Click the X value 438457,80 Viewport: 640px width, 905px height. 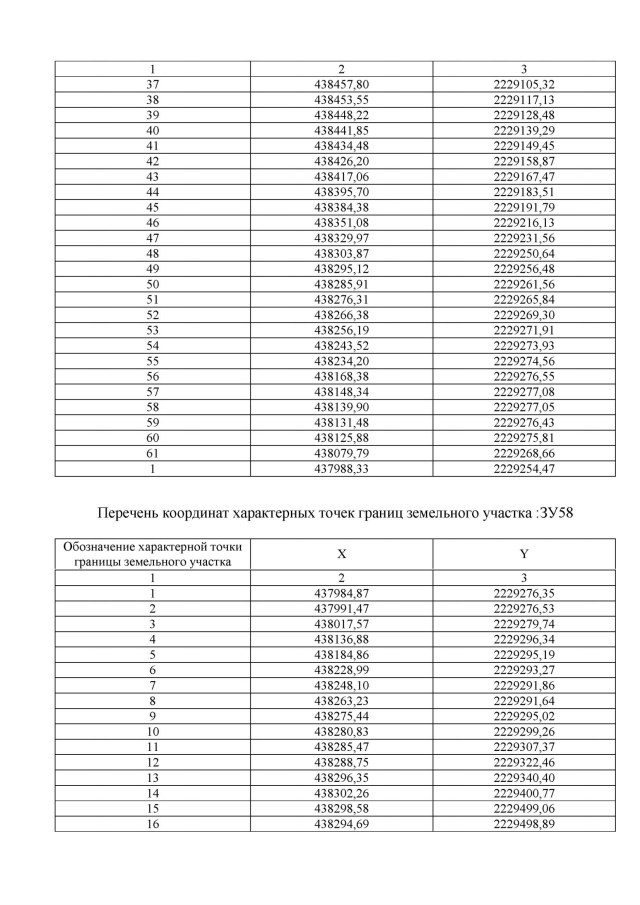click(x=341, y=84)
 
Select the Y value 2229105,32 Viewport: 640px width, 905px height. click(x=524, y=84)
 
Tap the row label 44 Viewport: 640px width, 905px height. click(x=153, y=191)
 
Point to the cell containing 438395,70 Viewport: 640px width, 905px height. click(x=341, y=191)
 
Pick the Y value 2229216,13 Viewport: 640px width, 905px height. click(x=524, y=222)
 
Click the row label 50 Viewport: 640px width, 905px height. click(x=153, y=283)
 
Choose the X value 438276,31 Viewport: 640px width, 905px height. click(x=341, y=298)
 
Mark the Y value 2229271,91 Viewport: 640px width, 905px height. click(x=524, y=329)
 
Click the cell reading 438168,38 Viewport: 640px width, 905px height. click(x=341, y=375)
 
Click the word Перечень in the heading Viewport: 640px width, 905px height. click(x=133, y=514)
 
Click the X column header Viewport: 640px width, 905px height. click(x=341, y=553)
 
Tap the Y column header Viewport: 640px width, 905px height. click(x=524, y=553)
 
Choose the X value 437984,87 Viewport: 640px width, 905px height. click(x=341, y=593)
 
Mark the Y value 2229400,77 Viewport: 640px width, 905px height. click(x=524, y=792)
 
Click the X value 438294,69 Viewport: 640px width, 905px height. click(x=341, y=823)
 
